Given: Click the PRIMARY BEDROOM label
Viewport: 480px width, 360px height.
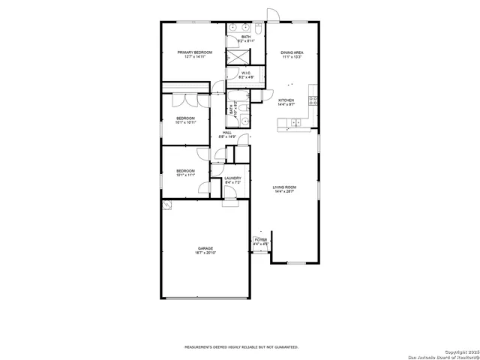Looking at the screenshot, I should (194, 52).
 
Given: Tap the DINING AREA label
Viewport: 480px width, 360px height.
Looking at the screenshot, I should (292, 52).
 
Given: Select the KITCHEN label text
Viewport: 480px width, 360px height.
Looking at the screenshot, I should (286, 100).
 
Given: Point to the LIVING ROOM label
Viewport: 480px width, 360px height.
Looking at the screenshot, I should (284, 187).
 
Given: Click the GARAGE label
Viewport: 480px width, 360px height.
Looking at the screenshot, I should (205, 248).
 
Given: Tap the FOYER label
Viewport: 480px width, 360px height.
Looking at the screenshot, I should (260, 240).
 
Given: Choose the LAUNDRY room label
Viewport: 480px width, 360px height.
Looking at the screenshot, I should (232, 178).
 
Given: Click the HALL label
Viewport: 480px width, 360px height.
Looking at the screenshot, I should (226, 132).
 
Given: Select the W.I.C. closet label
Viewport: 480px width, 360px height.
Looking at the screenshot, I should (245, 73).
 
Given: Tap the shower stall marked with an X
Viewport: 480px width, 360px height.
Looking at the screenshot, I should (238, 57).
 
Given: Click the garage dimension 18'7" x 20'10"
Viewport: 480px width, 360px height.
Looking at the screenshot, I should (205, 253).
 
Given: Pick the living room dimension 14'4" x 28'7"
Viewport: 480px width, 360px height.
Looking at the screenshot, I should (284, 192).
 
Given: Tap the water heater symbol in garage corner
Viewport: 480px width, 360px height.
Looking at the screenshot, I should (169, 204).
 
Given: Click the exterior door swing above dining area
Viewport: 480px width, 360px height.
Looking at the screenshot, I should (273, 14).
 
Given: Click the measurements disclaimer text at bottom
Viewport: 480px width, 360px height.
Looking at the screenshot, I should (241, 347).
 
